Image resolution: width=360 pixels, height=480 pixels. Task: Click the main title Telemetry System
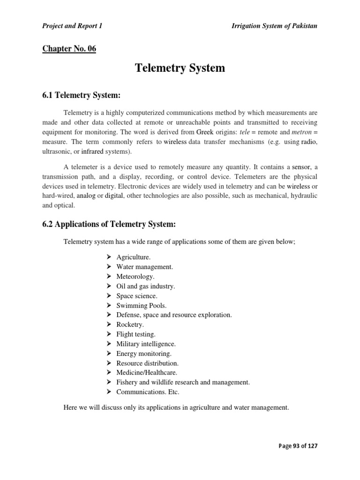[x=180, y=68]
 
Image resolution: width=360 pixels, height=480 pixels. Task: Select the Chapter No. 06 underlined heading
[x=69, y=48]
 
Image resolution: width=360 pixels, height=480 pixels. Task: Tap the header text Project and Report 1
[x=72, y=26]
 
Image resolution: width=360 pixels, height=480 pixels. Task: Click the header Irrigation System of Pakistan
[x=274, y=26]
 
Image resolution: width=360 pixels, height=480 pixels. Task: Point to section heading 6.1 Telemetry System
[x=82, y=96]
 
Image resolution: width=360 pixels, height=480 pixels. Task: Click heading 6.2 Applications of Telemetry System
[x=109, y=225]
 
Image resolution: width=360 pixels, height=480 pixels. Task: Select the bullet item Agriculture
[x=134, y=257]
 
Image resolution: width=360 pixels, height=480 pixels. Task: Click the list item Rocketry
[x=130, y=324]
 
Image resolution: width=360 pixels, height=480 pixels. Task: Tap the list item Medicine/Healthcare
[x=147, y=373]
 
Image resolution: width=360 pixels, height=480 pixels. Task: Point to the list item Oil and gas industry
[x=145, y=286]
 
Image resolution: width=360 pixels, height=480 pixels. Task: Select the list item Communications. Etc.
[x=148, y=392]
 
